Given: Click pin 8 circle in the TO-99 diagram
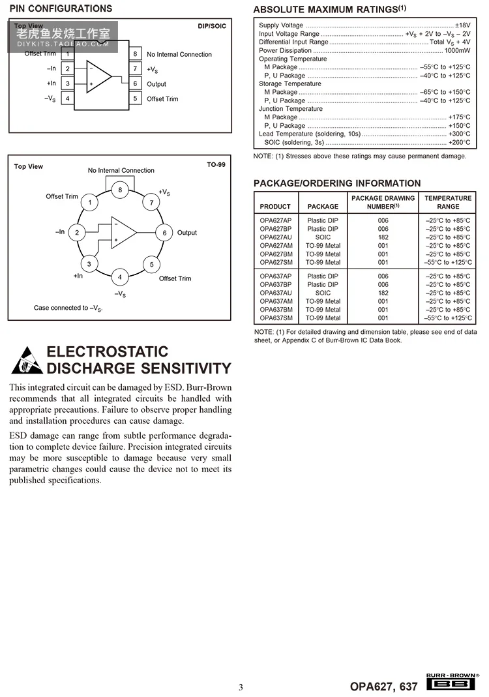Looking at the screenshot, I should [120, 190].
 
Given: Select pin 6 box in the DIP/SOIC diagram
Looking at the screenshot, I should [135, 83].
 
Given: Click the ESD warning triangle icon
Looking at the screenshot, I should [25, 360].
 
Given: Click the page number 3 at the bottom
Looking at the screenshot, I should [241, 687].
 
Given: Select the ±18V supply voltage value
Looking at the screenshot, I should [462, 25].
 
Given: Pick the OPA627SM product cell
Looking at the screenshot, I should [276, 262].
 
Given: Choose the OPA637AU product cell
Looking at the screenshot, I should [276, 293].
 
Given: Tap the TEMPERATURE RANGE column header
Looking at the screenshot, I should [448, 202].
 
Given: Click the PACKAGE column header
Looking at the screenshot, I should [323, 206].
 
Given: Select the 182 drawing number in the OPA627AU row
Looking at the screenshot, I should [383, 237].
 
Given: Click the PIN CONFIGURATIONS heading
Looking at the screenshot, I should [61, 8].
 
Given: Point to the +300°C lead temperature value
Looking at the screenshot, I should [459, 134].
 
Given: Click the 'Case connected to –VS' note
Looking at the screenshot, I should [68, 308].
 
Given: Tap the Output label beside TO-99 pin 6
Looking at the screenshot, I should [187, 233].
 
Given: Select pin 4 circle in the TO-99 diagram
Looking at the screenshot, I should [120, 277].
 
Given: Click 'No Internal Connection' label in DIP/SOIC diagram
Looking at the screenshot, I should [179, 54].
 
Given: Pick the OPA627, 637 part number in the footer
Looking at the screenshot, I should [384, 686].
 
